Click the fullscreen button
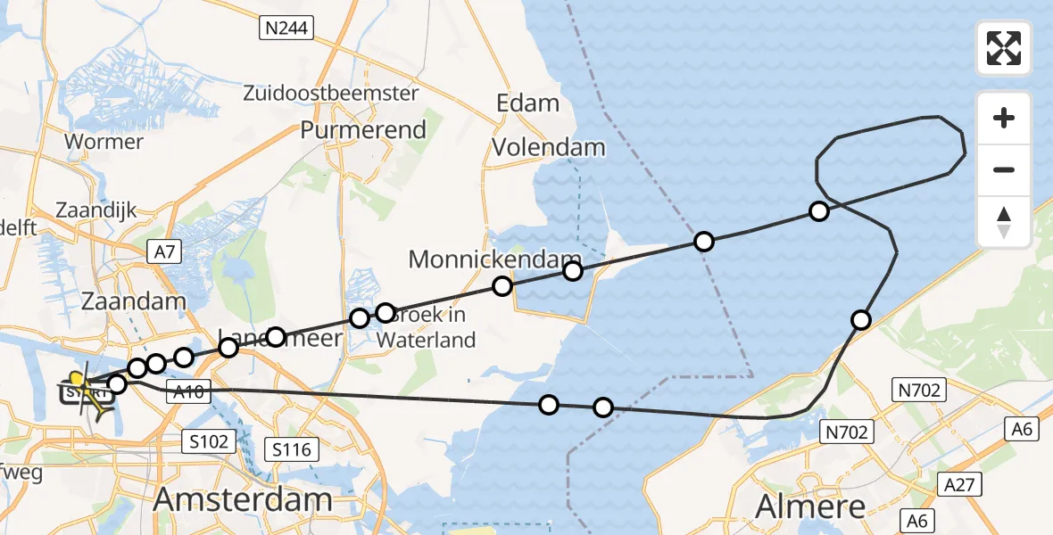pyautogui.click(x=1004, y=48)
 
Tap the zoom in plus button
pyautogui.click(x=1004, y=119)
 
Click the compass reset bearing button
pyautogui.click(x=1004, y=222)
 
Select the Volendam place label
pyautogui.click(x=549, y=147)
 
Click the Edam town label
pyautogui.click(x=528, y=103)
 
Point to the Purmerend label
pyautogui.click(x=363, y=130)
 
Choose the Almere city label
pyautogui.click(x=810, y=506)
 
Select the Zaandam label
pyautogui.click(x=133, y=300)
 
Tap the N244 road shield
pyautogui.click(x=286, y=29)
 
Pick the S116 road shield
pyautogui.click(x=293, y=449)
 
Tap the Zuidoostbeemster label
pyautogui.click(x=331, y=93)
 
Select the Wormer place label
pyautogui.click(x=104, y=142)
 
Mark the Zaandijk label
pyautogui.click(x=95, y=210)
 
